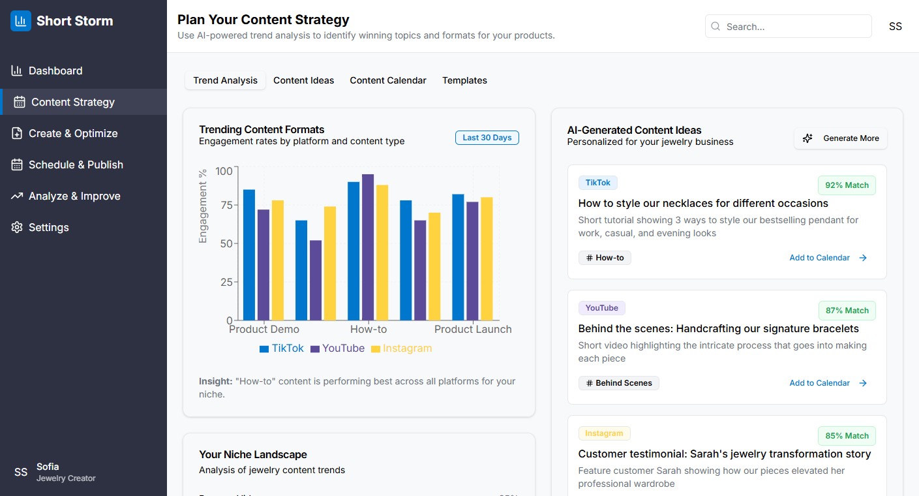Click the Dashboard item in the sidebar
coord(55,70)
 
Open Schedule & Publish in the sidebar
coord(76,164)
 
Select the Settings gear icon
coord(17,227)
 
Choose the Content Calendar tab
coord(388,80)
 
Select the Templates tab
coord(464,80)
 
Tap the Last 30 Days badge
coord(487,138)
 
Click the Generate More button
coord(840,138)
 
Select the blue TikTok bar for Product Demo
coord(249,255)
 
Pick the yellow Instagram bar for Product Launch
coord(487,258)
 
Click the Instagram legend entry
coord(401,349)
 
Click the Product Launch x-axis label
coord(473,330)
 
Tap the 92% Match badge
coord(847,185)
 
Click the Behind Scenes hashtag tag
coord(618,383)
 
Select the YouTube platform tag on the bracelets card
coord(601,308)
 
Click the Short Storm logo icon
coord(21,21)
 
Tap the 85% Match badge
coord(847,436)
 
